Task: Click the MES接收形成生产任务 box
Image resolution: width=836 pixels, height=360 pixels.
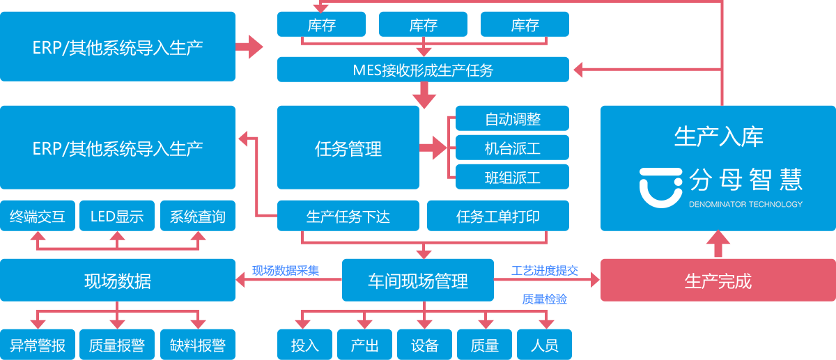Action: pyautogui.click(x=423, y=70)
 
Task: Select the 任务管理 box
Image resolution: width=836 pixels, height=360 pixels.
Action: pyautogui.click(x=348, y=148)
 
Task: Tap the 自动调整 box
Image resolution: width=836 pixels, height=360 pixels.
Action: pyautogui.click(x=513, y=118)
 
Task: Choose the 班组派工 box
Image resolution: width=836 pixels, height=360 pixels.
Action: pyautogui.click(x=513, y=177)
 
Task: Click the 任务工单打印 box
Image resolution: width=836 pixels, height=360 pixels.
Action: pyautogui.click(x=498, y=216)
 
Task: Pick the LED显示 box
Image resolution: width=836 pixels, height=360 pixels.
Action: pyautogui.click(x=117, y=216)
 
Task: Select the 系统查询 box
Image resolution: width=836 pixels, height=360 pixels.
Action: pyautogui.click(x=198, y=216)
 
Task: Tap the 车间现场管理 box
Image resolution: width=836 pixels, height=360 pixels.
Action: pyautogui.click(x=418, y=281)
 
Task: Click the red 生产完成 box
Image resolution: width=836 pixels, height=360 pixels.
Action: pyautogui.click(x=718, y=281)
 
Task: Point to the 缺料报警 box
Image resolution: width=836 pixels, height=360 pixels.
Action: pyautogui.click(x=198, y=344)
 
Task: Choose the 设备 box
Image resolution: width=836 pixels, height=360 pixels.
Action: pyautogui.click(x=425, y=344)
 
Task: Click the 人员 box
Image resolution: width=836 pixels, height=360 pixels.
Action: pyautogui.click(x=545, y=344)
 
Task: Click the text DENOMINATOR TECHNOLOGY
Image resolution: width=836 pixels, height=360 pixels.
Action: pyautogui.click(x=745, y=204)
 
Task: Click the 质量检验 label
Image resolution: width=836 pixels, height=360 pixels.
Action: pyautogui.click(x=545, y=299)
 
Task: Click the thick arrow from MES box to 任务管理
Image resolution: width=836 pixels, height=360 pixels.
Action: pyautogui.click(x=424, y=95)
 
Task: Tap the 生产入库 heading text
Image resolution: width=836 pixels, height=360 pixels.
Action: pyautogui.click(x=718, y=136)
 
